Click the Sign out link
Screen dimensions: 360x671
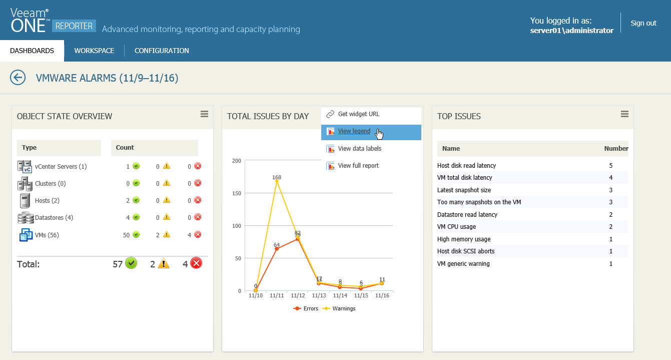[643, 23]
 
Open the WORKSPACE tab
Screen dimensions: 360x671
[94, 51]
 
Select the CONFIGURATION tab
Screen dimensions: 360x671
[162, 51]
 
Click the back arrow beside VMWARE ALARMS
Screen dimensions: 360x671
[18, 78]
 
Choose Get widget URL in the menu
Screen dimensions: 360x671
[358, 114]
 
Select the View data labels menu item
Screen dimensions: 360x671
[359, 149]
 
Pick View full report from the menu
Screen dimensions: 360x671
[358, 166]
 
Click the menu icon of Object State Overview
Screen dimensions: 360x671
[204, 114]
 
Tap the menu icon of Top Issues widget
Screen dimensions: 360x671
[624, 114]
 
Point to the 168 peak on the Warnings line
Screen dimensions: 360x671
[277, 181]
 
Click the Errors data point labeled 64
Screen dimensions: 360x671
[277, 249]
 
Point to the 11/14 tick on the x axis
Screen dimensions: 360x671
[340, 296]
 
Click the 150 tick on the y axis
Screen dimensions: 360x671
[236, 193]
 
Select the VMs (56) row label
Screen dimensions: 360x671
[47, 235]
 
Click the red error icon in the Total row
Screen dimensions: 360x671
[196, 263]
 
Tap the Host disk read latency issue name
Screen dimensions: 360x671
[466, 166]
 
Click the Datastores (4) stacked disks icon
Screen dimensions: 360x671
[25, 218]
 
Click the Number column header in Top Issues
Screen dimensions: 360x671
[616, 149]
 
